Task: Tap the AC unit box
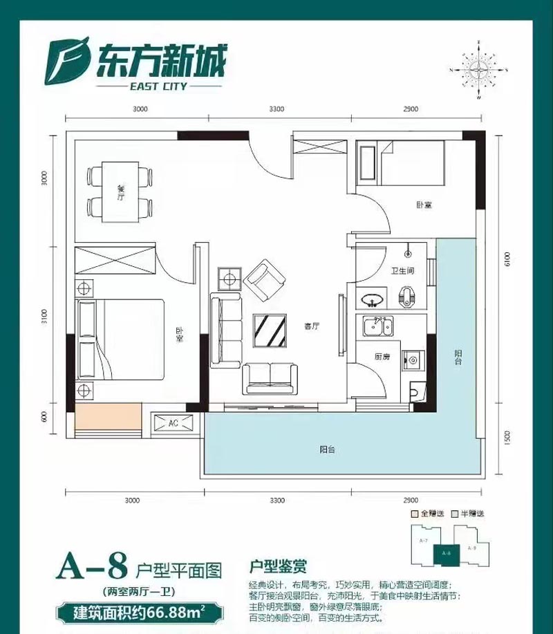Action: click(174, 423)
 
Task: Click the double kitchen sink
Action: click(377, 325)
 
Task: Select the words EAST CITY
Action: click(158, 87)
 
